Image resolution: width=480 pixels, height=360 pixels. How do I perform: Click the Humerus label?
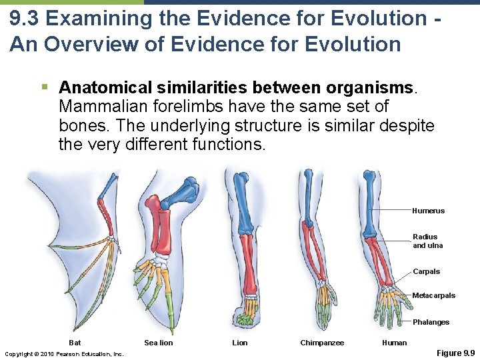[x=428, y=211]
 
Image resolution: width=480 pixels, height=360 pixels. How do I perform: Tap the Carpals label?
[x=426, y=271]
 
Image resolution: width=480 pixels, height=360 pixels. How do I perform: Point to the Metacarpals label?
[x=433, y=295]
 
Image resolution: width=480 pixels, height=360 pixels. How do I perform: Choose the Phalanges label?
[x=431, y=322]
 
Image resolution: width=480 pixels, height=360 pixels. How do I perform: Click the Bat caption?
[x=75, y=343]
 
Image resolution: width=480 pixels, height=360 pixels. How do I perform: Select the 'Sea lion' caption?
[x=158, y=343]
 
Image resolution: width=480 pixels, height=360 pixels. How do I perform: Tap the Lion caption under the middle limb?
[x=239, y=343]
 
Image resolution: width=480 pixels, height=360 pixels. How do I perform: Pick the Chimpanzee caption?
[x=322, y=343]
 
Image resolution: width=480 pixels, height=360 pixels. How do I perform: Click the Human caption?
[x=394, y=343]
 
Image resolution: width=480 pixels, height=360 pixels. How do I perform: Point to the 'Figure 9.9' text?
[x=455, y=353]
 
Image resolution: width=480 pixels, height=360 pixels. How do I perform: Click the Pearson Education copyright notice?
[x=64, y=353]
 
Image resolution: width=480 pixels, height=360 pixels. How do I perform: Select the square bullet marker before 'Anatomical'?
[x=44, y=87]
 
